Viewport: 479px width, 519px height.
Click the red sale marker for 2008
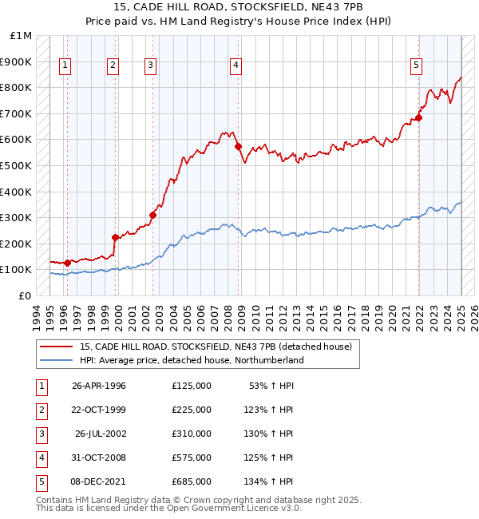coord(238,146)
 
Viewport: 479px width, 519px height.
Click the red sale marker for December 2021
coord(418,117)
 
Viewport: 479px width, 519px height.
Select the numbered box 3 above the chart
coord(151,66)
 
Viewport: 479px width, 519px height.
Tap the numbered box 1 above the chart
coord(64,66)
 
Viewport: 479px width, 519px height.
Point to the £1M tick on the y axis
coord(22,36)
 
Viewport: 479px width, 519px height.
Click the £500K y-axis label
coord(16,165)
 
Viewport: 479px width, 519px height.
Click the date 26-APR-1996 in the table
coord(99,386)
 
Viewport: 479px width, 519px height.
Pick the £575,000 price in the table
coord(191,458)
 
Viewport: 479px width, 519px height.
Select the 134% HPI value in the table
coord(268,481)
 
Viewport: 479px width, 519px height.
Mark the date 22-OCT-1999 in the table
coord(99,410)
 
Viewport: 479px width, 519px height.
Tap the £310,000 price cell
coord(191,434)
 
